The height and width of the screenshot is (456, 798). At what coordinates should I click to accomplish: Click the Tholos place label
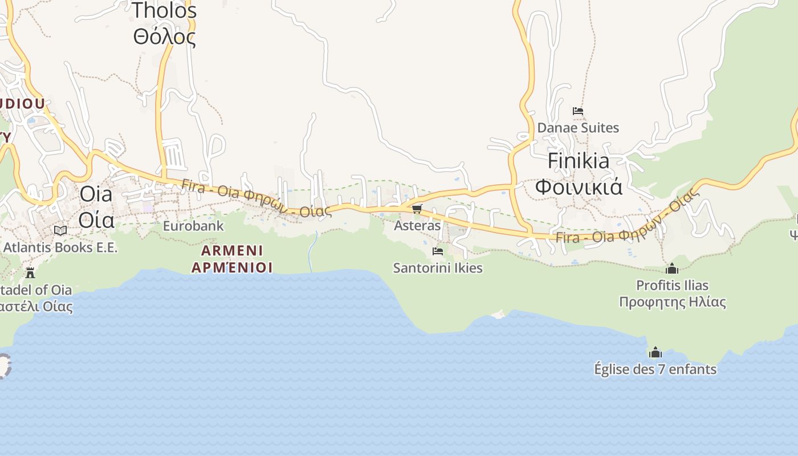[164, 10]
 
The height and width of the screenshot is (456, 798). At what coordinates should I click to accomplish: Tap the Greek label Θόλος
[164, 37]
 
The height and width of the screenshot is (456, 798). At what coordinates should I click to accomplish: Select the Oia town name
[96, 194]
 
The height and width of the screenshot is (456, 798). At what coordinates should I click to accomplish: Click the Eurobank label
[193, 226]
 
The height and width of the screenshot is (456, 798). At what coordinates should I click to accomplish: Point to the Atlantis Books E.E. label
[60, 247]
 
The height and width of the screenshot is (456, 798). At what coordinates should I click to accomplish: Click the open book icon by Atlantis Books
[60, 230]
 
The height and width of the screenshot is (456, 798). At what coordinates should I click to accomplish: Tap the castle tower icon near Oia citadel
[30, 272]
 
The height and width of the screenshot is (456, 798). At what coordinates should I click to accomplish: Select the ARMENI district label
[232, 250]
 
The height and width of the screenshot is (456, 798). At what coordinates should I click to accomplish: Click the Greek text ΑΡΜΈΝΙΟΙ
[232, 267]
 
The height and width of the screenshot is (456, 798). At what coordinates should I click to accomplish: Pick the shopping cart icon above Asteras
[417, 209]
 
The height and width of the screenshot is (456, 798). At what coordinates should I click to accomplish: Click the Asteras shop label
[417, 225]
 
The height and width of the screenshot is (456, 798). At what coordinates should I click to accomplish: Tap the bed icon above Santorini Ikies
[438, 251]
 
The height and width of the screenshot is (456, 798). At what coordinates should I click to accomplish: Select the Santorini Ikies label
[438, 268]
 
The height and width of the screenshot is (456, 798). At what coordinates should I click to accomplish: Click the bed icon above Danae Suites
[578, 111]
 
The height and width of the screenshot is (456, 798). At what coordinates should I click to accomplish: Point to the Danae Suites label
[578, 128]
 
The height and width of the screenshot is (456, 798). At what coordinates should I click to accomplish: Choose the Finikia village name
[579, 161]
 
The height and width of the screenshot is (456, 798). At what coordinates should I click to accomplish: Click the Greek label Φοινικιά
[579, 187]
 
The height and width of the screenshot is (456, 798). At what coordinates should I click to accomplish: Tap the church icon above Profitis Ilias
[672, 268]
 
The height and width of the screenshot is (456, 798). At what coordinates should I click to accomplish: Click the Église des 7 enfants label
[655, 369]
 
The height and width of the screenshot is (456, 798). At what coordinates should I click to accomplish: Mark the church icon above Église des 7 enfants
[655, 352]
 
